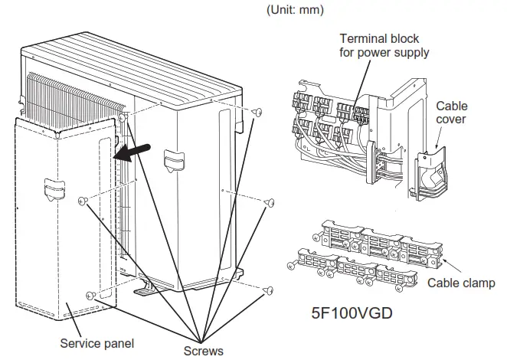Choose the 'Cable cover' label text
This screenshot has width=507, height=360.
click(452, 113)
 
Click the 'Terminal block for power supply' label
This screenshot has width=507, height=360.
click(384, 45)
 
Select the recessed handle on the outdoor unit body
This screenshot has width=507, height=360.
click(173, 159)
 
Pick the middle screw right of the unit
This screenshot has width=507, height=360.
click(269, 203)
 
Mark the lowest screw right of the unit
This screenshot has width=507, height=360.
click(267, 290)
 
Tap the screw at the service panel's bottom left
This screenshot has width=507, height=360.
click(91, 295)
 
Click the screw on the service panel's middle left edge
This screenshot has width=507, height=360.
click(85, 201)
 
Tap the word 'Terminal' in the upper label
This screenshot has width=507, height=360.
click(361, 38)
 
